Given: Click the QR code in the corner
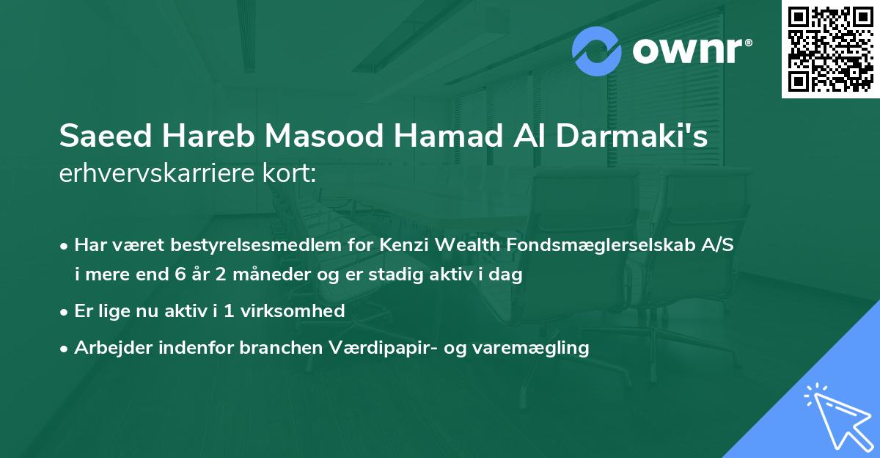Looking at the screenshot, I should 831,48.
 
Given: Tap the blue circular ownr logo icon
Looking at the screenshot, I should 597,51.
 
